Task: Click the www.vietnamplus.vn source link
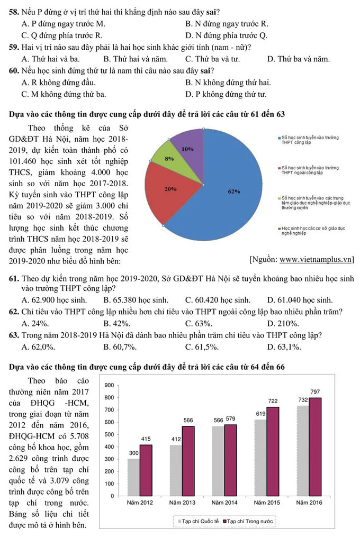316,259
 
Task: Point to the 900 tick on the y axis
110,385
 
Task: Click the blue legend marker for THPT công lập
279,138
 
